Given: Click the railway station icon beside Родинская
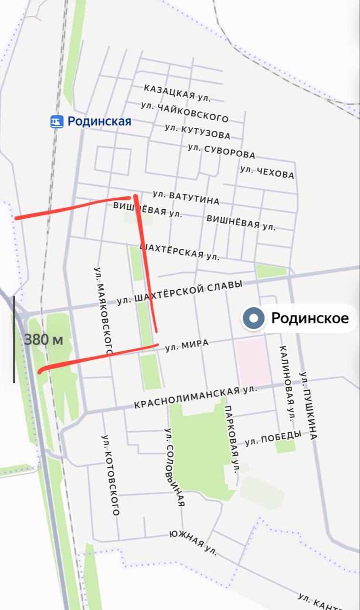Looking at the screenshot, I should click(x=57, y=122).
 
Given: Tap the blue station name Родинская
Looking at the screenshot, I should click(x=99, y=122).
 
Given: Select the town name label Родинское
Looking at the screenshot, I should click(x=310, y=318).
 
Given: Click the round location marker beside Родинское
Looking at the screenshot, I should click(x=254, y=318).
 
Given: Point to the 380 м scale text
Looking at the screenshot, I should click(x=43, y=340).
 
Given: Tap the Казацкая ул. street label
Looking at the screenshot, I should click(x=177, y=93).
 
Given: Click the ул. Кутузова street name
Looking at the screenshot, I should click(x=197, y=132).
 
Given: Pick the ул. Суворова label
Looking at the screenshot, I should click(x=221, y=151).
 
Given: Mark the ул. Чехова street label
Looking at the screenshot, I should click(x=267, y=172).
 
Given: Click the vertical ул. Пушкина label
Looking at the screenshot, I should click(x=308, y=406).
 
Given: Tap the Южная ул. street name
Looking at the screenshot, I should click(x=193, y=543).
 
